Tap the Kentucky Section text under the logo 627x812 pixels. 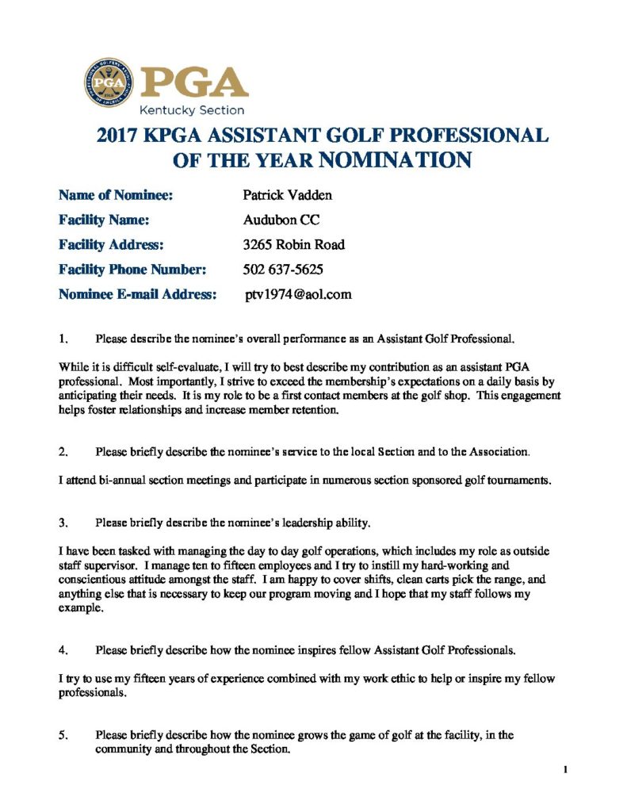pyautogui.click(x=192, y=110)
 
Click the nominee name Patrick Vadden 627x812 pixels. pyautogui.click(x=287, y=195)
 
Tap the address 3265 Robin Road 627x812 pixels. pyautogui.click(x=293, y=244)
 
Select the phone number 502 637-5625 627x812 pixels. pyautogui.click(x=282, y=269)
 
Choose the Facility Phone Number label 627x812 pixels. pyautogui.click(x=132, y=269)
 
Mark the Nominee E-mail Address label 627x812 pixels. pyautogui.click(x=138, y=294)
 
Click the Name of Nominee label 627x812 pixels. pyautogui.click(x=116, y=195)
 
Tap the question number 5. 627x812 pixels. pyautogui.click(x=63, y=735)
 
